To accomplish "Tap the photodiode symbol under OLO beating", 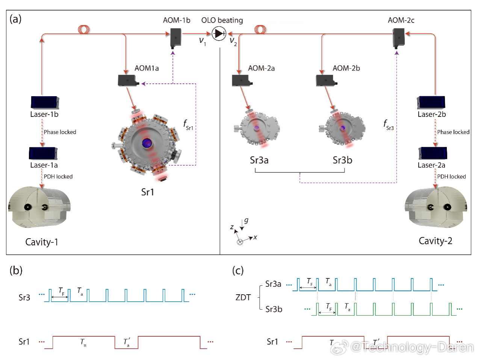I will [219, 34].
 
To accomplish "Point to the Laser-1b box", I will [45, 103].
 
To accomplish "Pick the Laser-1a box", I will [43, 153].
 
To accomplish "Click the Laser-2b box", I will [431, 103].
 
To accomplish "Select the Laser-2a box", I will [433, 153].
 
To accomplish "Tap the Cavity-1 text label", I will [42, 242].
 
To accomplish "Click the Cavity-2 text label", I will [436, 241].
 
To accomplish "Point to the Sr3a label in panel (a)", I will [259, 160].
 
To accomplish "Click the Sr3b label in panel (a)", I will [342, 160].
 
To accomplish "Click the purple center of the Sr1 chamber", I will [147, 143].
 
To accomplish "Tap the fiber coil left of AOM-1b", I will [84, 29].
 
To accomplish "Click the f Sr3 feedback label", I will [388, 125].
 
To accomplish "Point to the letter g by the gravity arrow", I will [246, 221].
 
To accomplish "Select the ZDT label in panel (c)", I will [243, 298].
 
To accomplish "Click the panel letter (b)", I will [16, 271].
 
